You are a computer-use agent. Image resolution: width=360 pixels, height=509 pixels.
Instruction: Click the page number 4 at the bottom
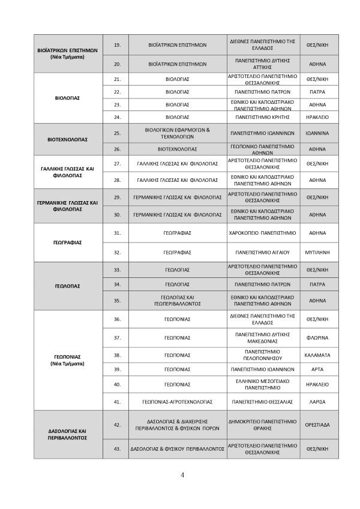(x=182, y=475)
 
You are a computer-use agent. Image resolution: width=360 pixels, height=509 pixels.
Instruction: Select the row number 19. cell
(x=118, y=44)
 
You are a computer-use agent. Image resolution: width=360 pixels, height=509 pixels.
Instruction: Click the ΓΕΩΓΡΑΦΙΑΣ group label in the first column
(x=67, y=242)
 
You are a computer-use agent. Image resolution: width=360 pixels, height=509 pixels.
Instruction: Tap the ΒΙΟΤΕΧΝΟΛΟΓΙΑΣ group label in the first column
(x=67, y=139)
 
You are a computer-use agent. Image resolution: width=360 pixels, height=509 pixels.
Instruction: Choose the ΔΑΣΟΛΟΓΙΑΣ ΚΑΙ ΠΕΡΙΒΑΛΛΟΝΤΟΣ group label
(x=67, y=435)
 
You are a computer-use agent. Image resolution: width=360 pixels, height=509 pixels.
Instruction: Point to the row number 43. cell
(x=118, y=448)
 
